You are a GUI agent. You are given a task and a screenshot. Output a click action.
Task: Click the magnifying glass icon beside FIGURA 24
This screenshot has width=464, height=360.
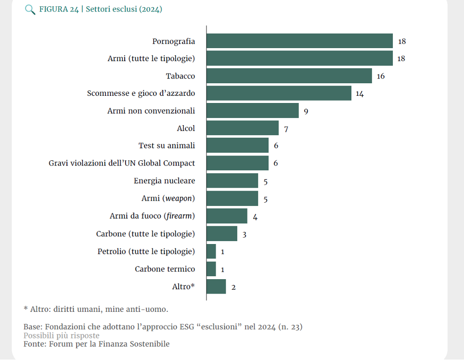point(30,10)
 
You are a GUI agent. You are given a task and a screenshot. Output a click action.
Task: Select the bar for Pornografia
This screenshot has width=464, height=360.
point(299,41)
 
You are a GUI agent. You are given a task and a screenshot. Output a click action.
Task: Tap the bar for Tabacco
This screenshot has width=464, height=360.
point(289,76)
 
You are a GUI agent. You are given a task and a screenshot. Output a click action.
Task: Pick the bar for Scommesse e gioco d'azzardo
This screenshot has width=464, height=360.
point(279,93)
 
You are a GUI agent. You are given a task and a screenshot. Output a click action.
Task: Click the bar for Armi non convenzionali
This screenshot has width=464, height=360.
point(252,111)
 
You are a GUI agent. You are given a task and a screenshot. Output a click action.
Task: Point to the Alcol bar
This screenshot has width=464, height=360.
point(242,128)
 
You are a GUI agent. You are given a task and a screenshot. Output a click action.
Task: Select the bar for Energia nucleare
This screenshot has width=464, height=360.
point(232,180)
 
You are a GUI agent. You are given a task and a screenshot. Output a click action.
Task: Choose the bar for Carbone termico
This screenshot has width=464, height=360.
point(211,269)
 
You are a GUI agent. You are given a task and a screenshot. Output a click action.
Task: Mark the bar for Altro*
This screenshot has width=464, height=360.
point(216,286)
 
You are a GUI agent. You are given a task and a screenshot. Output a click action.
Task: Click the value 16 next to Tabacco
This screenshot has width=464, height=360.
point(381,76)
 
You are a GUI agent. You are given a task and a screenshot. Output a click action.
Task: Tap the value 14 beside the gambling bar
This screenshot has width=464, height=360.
point(360,94)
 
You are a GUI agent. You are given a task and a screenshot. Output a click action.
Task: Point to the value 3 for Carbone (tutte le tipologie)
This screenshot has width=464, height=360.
point(245,235)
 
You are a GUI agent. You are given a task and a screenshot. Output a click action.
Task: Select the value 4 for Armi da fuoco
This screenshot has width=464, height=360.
point(255,217)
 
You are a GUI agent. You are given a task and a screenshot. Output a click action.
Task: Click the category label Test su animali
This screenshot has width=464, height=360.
point(167,145)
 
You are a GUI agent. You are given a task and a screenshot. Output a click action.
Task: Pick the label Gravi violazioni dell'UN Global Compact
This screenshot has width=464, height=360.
point(122,163)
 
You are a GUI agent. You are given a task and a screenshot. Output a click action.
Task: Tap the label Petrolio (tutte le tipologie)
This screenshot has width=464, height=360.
point(146,251)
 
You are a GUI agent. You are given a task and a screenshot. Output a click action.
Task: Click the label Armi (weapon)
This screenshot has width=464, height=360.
point(168,198)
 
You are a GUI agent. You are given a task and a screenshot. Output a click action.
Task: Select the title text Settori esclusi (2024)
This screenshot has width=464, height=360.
point(124,9)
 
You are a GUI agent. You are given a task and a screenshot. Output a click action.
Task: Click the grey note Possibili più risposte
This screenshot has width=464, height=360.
point(62,335)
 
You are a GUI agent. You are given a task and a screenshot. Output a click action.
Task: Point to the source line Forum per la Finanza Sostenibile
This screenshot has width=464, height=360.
point(96,344)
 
